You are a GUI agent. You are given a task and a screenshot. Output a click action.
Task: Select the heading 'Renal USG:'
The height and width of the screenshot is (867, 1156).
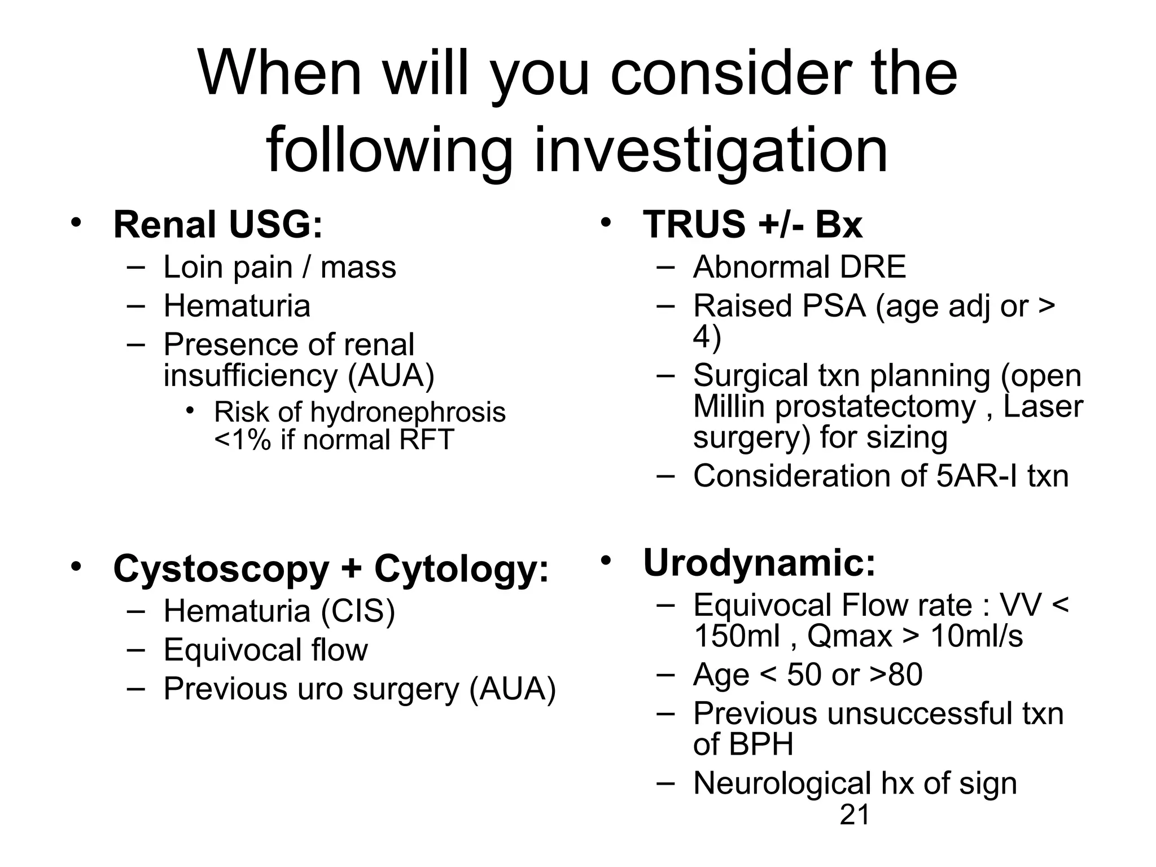click(218, 225)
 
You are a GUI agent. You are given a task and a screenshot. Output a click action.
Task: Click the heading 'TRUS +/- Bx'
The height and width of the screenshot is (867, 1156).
click(752, 225)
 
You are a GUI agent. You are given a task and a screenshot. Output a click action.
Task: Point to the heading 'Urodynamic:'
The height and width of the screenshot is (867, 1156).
click(759, 563)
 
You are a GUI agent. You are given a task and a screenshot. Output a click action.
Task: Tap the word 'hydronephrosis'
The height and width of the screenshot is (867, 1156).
click(408, 412)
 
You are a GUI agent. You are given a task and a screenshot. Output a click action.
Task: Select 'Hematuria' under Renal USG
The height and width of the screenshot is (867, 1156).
click(237, 306)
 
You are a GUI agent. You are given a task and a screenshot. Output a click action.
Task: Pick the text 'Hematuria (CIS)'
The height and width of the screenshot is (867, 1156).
click(279, 611)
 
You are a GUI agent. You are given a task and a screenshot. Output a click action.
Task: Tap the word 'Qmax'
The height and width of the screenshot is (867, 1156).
click(850, 636)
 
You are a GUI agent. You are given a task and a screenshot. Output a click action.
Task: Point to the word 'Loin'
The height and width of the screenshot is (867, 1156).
click(192, 267)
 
